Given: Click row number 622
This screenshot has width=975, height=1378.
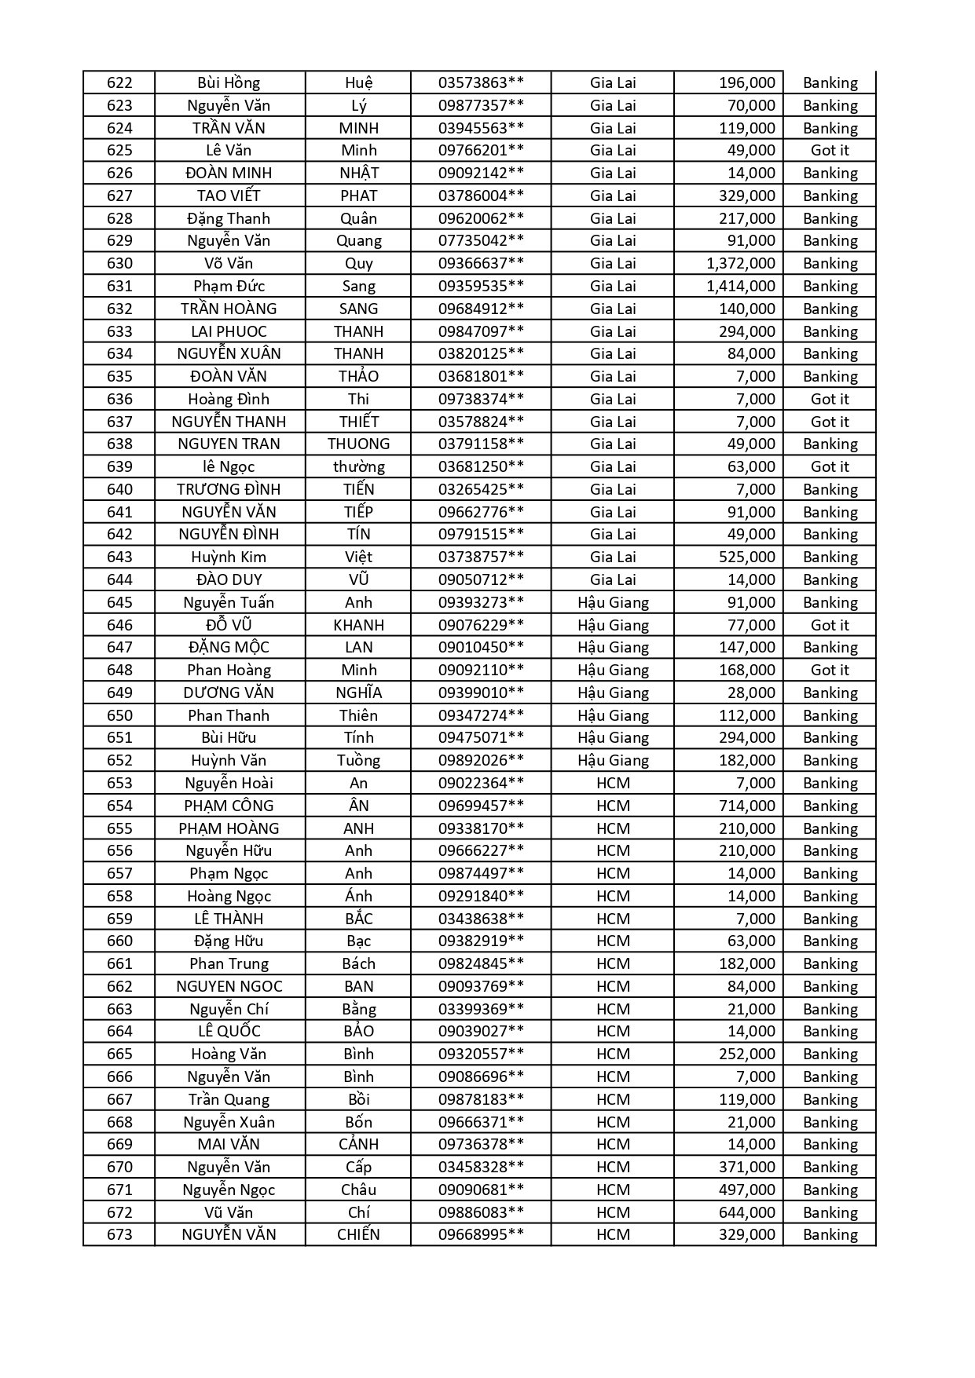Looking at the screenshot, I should coord(119,83).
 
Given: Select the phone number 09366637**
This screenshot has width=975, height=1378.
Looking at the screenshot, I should coord(481,264).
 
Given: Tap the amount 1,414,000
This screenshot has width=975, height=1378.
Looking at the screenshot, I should coord(740,287).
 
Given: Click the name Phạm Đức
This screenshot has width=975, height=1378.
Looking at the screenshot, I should coord(229,287).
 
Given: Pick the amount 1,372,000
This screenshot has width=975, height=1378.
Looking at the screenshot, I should coord(740,264).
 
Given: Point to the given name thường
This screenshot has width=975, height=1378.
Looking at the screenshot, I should coord(358,467).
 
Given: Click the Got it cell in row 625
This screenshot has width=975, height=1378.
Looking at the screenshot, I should coord(830,151).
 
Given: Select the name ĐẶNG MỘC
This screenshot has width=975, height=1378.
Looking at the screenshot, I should coord(229,648).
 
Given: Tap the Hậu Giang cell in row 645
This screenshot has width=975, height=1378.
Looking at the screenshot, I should coord(613,603).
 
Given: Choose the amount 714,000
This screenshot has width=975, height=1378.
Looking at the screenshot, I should coord(746,806).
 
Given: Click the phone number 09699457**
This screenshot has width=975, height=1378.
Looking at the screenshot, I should coord(481,806).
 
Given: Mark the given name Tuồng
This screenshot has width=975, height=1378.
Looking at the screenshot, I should coord(358,761).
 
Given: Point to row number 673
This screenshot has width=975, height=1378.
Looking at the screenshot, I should coord(119,1235).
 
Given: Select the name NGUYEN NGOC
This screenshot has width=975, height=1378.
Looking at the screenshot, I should coord(229,987).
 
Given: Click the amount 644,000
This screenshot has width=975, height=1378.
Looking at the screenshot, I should coord(746,1213).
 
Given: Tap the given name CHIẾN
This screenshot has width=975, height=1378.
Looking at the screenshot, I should coord(358,1235).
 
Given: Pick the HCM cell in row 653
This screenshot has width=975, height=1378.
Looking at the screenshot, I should coord(613,784).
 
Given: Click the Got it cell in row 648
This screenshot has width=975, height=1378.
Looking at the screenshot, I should coord(830,671).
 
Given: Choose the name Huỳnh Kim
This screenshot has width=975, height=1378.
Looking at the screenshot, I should coord(229,557).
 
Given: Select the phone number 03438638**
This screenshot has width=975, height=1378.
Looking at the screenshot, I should coord(481,919).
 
